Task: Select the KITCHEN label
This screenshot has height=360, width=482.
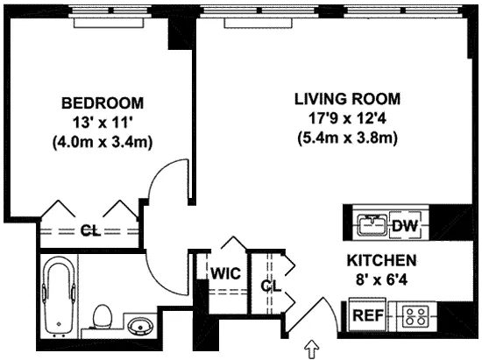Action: click(381, 261)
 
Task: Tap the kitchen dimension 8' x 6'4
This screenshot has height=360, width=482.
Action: click(381, 280)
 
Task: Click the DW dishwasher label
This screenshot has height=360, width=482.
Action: click(404, 226)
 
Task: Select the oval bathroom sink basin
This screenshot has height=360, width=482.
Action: click(138, 328)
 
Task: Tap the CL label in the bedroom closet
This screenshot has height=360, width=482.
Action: click(89, 231)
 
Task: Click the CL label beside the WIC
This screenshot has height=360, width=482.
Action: click(269, 285)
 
